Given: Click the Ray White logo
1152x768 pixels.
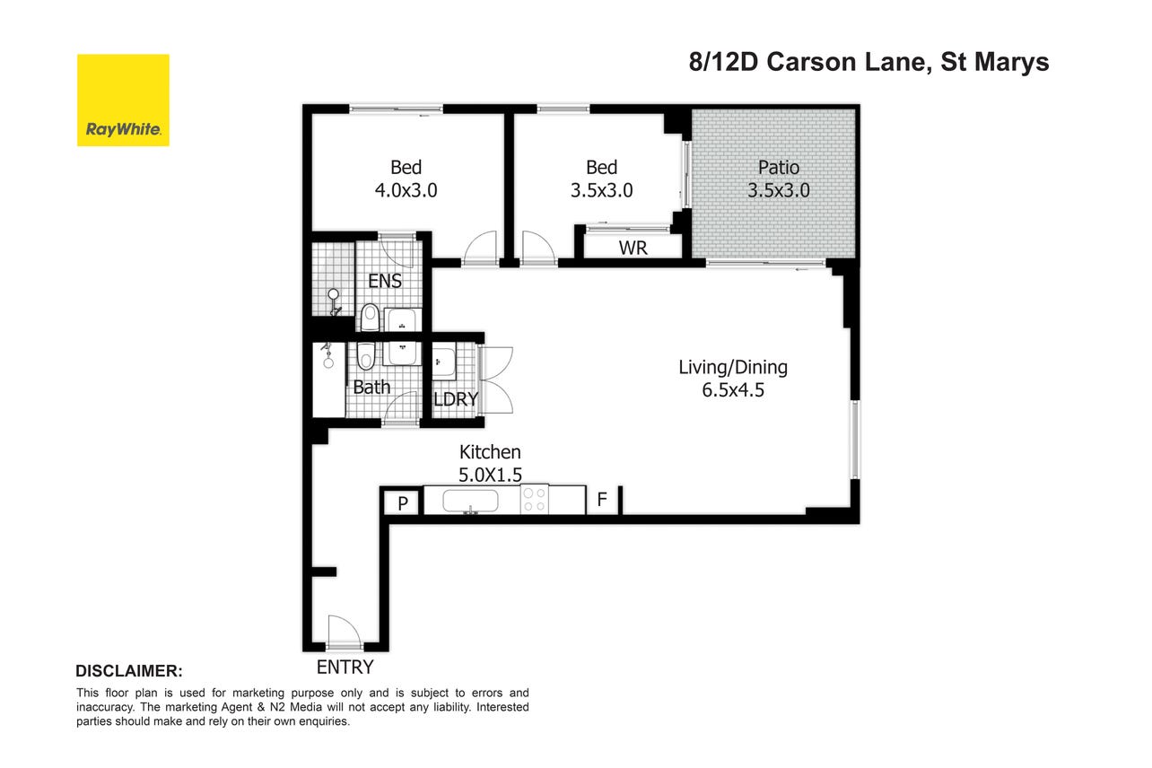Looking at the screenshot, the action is click(x=123, y=100).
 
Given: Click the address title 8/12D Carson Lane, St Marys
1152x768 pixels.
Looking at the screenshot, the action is click(x=868, y=62).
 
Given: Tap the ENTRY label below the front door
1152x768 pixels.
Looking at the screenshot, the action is click(x=345, y=668).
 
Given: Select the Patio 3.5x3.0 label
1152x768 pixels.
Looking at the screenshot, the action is click(x=778, y=179).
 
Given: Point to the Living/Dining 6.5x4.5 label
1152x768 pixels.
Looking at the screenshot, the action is click(x=733, y=379).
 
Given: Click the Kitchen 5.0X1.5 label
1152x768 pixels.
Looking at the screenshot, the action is click(x=490, y=464).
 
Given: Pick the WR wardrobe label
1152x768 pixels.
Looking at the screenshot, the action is click(x=633, y=248).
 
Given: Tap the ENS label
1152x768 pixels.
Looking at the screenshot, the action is click(x=385, y=281).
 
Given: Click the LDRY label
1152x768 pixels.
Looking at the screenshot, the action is click(x=456, y=399).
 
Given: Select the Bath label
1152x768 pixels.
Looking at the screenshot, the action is click(x=371, y=387).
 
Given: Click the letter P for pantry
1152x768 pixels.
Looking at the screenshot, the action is click(x=403, y=503).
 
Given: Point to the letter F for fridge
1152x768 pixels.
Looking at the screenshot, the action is click(x=602, y=499).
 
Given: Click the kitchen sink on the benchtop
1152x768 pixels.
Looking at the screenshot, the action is click(x=470, y=502).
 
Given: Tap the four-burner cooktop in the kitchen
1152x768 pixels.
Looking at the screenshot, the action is click(x=535, y=500).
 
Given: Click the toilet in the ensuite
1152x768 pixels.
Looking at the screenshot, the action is click(x=370, y=318).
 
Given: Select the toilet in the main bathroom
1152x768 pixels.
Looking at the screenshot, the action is click(x=366, y=356).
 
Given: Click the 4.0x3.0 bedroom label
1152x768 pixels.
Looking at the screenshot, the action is click(x=406, y=179).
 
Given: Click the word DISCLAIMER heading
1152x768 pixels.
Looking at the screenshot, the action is click(x=129, y=671).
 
